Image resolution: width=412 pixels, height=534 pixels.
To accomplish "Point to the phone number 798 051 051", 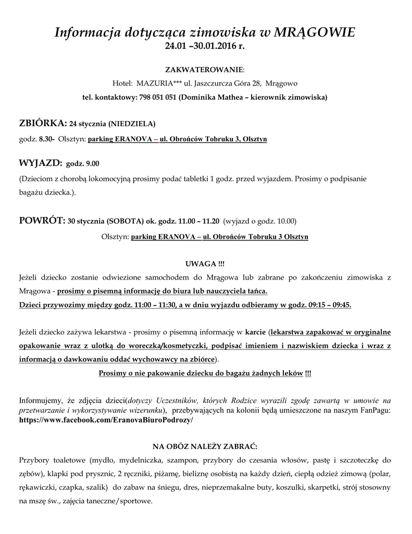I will (158, 97).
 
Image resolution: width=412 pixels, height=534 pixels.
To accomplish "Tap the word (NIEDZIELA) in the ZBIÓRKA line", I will (132, 124).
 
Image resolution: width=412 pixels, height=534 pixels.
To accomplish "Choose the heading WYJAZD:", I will (41, 163).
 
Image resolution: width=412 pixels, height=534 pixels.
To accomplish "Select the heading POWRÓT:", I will (42, 220).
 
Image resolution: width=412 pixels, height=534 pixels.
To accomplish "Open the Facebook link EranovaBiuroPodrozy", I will (106, 420).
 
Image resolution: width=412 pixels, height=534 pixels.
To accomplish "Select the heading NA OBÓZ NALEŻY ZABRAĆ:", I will (205, 446).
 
